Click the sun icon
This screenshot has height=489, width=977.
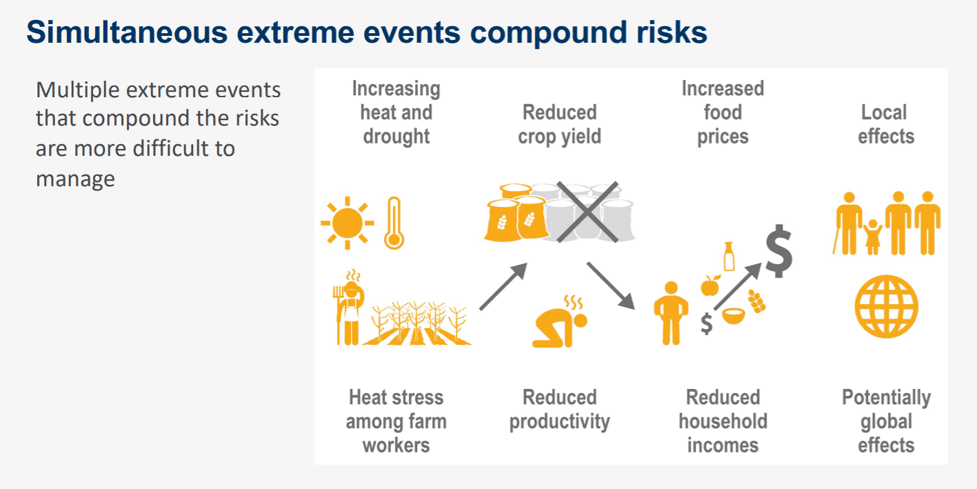pyautogui.click(x=348, y=223)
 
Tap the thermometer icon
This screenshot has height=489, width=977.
pyautogui.click(x=394, y=223)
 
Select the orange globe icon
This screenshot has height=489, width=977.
pyautogui.click(x=886, y=307)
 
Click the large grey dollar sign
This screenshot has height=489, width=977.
pyautogui.click(x=779, y=251)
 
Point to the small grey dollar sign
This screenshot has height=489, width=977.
pyautogui.click(x=707, y=324)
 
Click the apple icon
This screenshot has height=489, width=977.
pyautogui.click(x=710, y=286)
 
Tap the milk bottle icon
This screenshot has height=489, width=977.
pyautogui.click(x=729, y=257)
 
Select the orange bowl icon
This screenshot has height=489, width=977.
pyautogui.click(x=734, y=316)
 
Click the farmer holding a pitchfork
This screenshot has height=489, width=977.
pyautogui.click(x=348, y=308)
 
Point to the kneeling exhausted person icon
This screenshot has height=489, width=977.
pyautogui.click(x=560, y=321)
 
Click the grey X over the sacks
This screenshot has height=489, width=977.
pyautogui.click(x=587, y=212)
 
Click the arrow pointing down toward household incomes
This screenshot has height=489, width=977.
pyautogui.click(x=611, y=286)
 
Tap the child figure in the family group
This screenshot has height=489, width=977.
pyautogui.click(x=873, y=237)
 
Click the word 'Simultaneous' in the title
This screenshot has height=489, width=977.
pyautogui.click(x=127, y=32)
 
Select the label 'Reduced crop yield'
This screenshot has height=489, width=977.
pyautogui.click(x=560, y=124)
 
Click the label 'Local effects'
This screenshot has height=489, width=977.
pyautogui.click(x=886, y=124)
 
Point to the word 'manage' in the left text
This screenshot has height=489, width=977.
pyautogui.click(x=75, y=179)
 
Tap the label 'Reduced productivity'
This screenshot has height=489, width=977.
pyautogui.click(x=560, y=410)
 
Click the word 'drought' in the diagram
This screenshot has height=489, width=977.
pyautogui.click(x=396, y=136)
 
